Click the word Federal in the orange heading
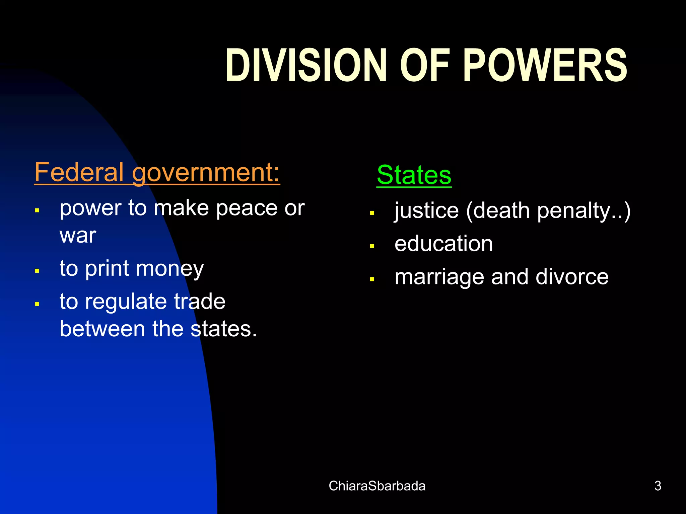(79, 172)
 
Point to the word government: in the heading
(206, 173)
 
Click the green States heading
(414, 175)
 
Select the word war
(78, 235)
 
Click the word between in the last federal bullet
(102, 329)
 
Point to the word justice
(426, 211)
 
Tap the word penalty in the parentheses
(575, 211)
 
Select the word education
(443, 243)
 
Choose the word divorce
(572, 277)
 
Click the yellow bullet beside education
(372, 246)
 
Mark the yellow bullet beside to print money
(37, 270)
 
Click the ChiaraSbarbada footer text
(377, 486)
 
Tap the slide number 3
(658, 486)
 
